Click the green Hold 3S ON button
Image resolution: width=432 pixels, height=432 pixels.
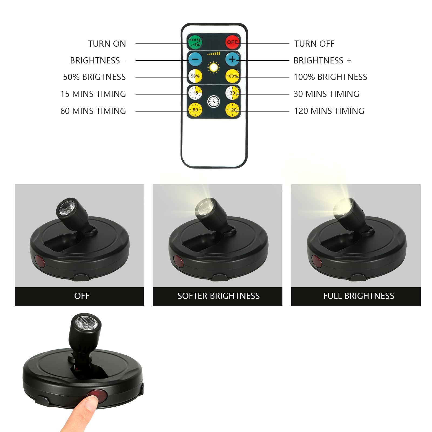[195, 42]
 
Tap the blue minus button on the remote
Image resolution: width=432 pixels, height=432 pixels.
[195, 59]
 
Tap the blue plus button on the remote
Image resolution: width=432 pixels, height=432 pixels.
[232, 59]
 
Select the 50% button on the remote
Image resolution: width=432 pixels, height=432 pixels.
[195, 76]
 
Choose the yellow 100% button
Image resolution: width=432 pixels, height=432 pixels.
[232, 76]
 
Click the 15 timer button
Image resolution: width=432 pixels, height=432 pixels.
[195, 93]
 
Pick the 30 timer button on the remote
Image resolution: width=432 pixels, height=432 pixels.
[232, 93]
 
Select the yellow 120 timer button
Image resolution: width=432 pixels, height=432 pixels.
[232, 110]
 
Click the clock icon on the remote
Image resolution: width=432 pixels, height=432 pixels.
[214, 102]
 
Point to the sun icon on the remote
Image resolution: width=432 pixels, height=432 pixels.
[214, 67]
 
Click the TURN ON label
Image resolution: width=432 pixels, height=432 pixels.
[107, 44]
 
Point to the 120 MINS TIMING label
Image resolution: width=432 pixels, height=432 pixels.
[329, 111]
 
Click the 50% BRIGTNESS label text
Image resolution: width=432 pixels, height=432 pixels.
[94, 77]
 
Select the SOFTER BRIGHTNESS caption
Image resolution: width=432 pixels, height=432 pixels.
[218, 296]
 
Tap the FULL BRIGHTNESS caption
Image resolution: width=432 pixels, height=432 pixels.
[359, 296]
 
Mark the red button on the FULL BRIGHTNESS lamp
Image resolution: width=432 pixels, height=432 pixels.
[316, 261]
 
